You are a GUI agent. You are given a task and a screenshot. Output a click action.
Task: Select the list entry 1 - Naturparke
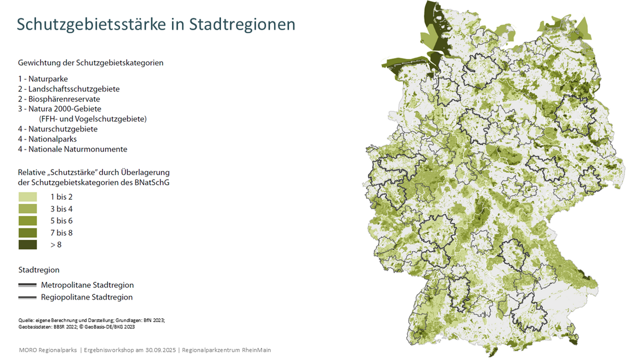[43, 79]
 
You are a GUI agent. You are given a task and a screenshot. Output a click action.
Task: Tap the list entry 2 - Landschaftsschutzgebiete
[69, 89]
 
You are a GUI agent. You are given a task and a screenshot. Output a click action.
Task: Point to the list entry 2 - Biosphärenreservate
[59, 99]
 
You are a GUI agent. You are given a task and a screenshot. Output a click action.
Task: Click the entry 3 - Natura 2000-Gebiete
[59, 109]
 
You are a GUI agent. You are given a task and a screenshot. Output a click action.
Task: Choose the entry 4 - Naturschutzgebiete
[58, 128]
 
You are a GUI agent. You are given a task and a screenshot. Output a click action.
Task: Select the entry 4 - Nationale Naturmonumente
[72, 149]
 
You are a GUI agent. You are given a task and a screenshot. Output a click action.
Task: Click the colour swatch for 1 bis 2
[28, 197]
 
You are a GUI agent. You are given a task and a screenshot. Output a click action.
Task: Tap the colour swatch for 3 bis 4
[28, 209]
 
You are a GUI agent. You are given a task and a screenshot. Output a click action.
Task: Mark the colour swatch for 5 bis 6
[28, 221]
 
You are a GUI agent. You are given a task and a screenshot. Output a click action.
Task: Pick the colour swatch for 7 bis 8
[28, 233]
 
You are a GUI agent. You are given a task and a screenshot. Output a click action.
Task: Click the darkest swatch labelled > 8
[28, 245]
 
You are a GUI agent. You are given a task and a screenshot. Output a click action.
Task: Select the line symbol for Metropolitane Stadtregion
[27, 285]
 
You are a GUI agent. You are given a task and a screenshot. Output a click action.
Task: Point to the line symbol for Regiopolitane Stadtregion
[27, 297]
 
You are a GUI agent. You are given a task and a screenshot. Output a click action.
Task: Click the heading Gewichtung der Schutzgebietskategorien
[90, 63]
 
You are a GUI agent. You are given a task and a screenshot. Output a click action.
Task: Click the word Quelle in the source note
[26, 320]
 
